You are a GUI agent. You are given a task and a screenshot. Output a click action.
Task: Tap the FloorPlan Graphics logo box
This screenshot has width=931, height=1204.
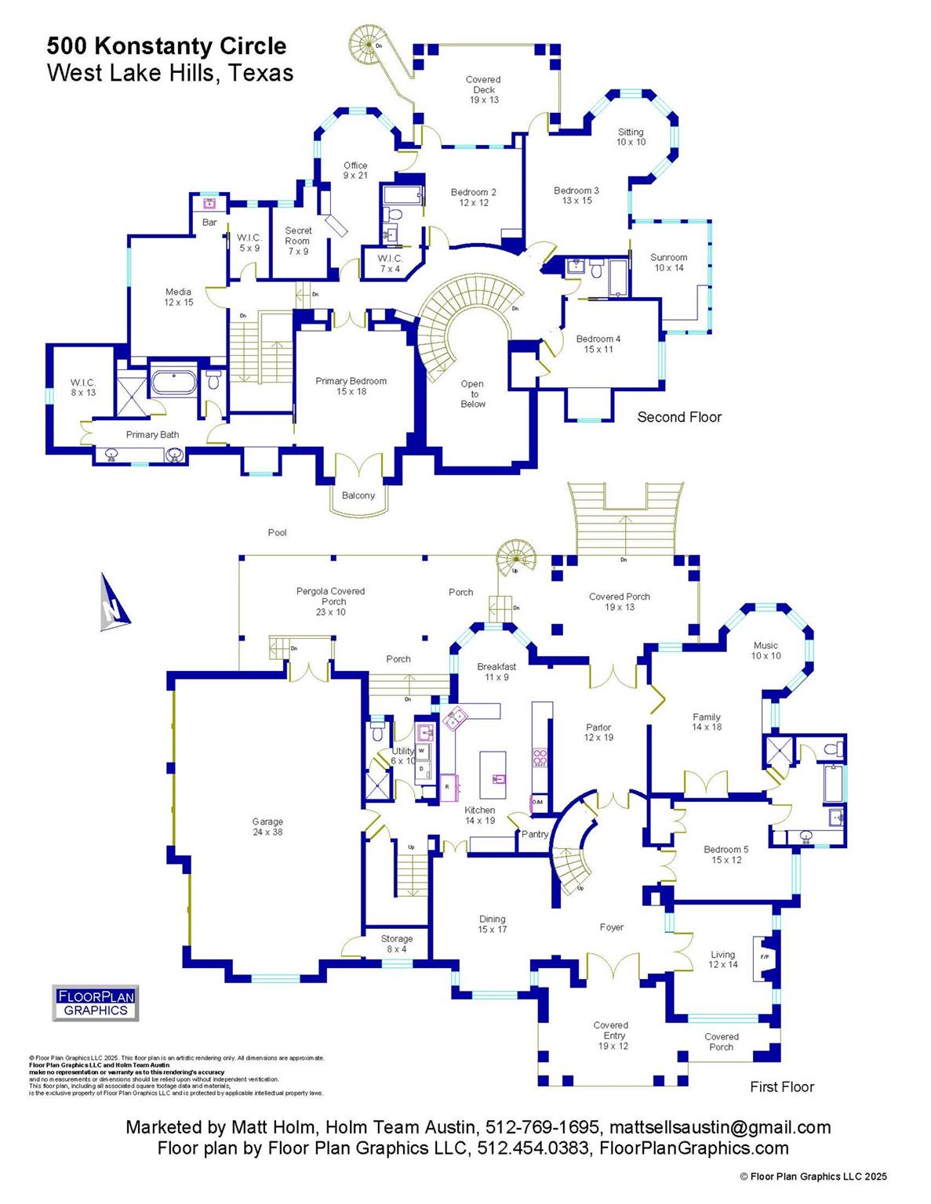click(x=96, y=1003)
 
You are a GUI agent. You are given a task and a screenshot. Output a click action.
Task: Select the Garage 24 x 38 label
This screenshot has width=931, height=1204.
click(x=267, y=827)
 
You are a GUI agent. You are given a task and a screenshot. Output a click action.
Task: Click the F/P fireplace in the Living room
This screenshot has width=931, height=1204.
click(x=763, y=958)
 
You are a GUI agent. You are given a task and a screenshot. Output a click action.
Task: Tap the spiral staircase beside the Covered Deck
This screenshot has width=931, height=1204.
click(x=366, y=43)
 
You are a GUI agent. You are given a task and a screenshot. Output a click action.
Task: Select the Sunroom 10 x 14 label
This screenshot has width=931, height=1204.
click(x=668, y=263)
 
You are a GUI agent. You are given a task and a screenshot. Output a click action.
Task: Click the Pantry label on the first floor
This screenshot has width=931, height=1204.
click(x=535, y=834)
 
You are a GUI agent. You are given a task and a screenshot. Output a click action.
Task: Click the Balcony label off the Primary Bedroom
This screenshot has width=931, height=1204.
click(x=358, y=495)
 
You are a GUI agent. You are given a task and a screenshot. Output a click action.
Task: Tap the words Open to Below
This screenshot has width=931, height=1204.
click(x=473, y=393)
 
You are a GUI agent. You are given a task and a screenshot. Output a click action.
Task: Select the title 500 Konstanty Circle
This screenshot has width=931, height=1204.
click(x=166, y=46)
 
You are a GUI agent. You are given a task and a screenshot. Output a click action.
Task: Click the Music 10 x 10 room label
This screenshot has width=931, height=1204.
click(x=766, y=651)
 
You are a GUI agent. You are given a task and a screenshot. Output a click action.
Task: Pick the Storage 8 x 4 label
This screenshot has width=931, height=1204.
click(x=397, y=944)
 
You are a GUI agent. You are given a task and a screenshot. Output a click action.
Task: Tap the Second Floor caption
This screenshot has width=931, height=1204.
click(x=679, y=417)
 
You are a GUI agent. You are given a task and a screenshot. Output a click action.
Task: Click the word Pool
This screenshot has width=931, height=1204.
click(x=278, y=532)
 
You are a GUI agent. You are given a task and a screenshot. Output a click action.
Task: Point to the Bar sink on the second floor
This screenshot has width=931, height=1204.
click(x=209, y=204)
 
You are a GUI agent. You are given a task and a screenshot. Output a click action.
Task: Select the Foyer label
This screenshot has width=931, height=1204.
click(x=612, y=927)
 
